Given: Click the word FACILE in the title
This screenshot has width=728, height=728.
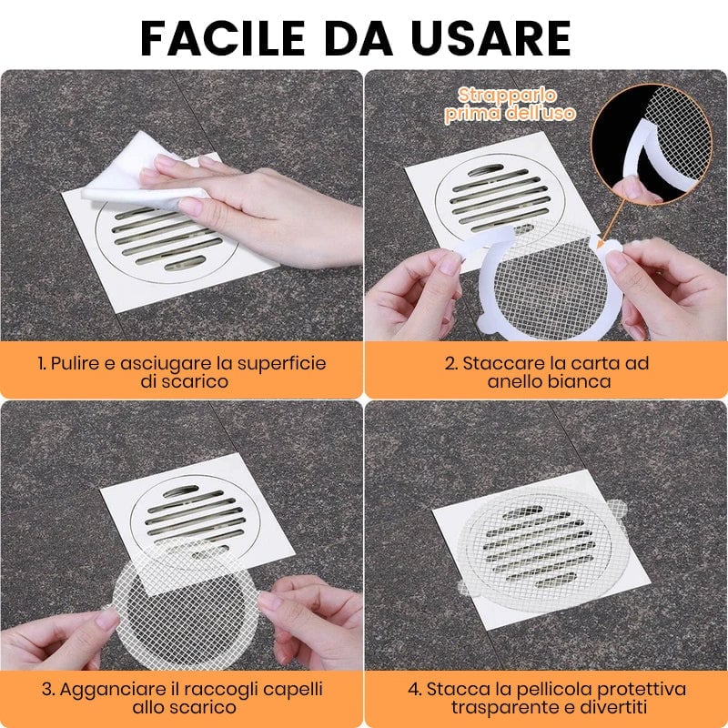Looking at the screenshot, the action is coord(222,38).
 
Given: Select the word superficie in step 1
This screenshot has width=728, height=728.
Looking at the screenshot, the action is coord(282,364).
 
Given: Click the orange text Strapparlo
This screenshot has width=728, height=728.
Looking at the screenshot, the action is coord(507,96).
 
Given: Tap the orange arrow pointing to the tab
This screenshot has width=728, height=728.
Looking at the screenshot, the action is coord(612,223).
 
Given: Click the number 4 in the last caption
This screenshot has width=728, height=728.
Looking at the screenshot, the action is coord(413,690).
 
